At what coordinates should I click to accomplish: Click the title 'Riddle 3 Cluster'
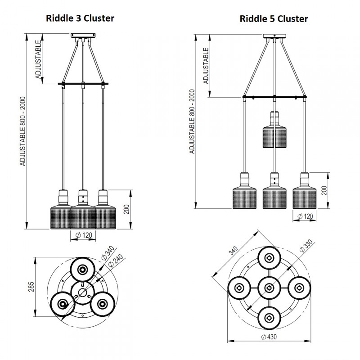pyautogui.click(x=80, y=18)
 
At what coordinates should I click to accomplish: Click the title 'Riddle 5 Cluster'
pyautogui.click(x=274, y=18)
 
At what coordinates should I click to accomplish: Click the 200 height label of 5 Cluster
pyautogui.click(x=324, y=191)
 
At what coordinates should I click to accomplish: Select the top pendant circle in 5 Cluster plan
pyautogui.click(x=269, y=258)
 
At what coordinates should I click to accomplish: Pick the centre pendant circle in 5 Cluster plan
pyautogui.click(x=269, y=288)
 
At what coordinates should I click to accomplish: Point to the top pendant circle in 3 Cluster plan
pyautogui.click(x=82, y=270)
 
